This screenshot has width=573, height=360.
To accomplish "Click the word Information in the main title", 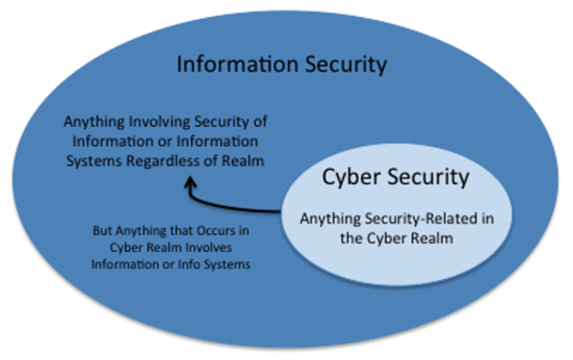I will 223,66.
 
